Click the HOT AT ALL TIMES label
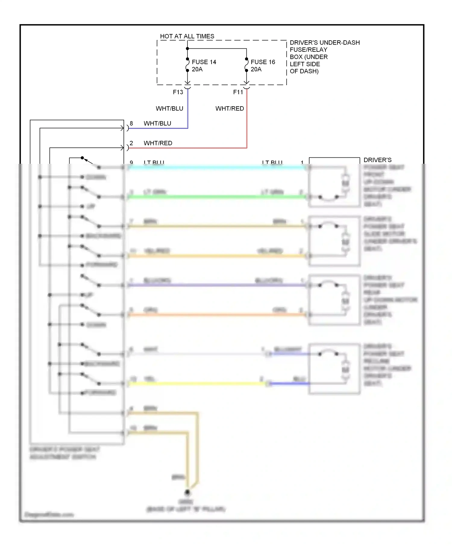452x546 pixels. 187,36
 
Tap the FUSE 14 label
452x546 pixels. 204,62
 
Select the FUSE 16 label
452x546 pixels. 263,62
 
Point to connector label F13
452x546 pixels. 178,92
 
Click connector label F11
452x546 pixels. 238,92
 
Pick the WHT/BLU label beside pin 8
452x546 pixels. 157,123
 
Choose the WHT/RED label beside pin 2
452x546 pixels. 158,143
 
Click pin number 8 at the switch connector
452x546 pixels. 131,123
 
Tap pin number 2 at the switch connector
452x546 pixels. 131,143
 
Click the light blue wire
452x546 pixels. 217,167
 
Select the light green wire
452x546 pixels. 217,197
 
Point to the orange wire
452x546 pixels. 217,315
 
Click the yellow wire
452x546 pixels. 196,384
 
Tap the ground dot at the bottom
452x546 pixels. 187,492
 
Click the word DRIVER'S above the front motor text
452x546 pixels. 377,160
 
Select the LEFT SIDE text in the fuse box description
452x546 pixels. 305,64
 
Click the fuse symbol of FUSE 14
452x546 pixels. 187,65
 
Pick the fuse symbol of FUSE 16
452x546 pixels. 246,65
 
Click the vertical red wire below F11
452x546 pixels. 247,120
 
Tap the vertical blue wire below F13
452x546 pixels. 188,111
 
